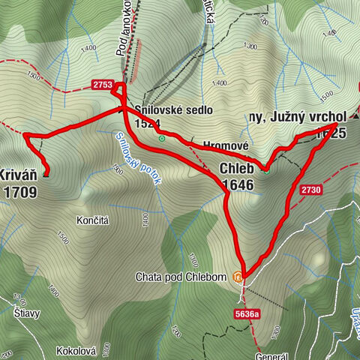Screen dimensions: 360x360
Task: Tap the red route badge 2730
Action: tap(312, 190)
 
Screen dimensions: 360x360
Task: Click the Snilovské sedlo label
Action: tap(173, 109)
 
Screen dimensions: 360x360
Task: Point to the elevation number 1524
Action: tap(148, 123)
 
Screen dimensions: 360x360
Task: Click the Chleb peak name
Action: tap(236, 169)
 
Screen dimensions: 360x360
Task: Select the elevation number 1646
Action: tap(236, 184)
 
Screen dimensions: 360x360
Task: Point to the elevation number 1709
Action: tap(19, 192)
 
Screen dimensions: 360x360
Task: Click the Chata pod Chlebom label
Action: tap(181, 277)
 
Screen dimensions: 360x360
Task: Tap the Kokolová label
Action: tap(78, 350)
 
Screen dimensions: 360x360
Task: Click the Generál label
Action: tap(270, 355)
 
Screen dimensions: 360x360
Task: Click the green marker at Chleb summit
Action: tap(265, 168)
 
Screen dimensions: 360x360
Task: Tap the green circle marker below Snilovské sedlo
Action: tap(161, 138)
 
